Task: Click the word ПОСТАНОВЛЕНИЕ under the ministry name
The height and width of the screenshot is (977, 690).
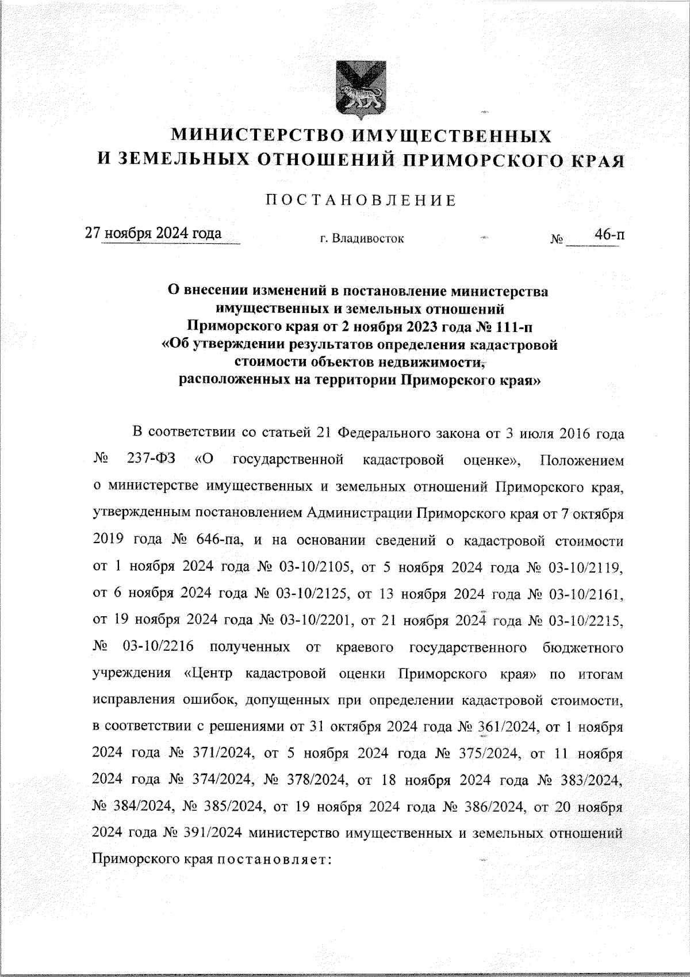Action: [361, 201]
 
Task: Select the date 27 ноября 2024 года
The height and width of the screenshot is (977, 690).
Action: [154, 234]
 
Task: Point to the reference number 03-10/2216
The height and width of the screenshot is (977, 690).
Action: [158, 647]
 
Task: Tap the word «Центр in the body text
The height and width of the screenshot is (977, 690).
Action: [208, 674]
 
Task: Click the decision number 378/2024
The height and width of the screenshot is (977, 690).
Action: [305, 780]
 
